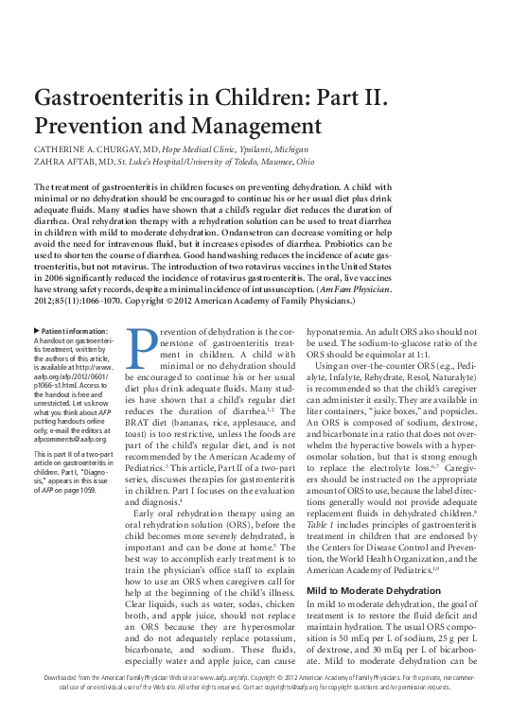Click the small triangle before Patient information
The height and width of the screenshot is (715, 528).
pyautogui.click(x=36, y=330)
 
